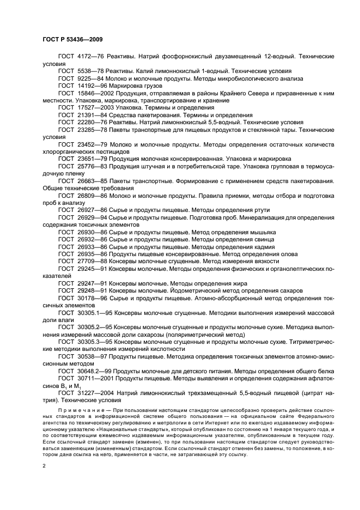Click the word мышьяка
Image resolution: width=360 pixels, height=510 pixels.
[261, 232]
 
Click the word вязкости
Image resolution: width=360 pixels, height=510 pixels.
[239, 261]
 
